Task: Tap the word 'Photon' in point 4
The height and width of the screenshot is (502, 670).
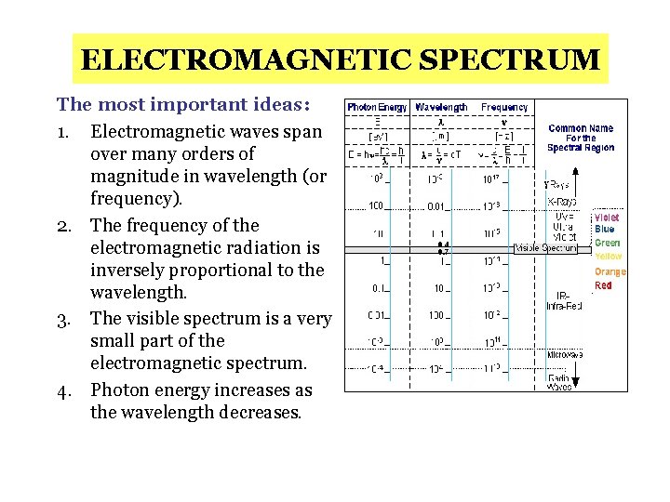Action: click(124, 390)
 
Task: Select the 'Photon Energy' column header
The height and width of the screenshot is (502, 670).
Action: click(377, 108)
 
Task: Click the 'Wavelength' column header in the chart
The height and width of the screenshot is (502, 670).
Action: click(441, 108)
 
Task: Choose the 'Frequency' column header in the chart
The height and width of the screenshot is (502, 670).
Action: click(504, 108)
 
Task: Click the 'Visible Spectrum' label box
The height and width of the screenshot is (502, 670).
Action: click(545, 248)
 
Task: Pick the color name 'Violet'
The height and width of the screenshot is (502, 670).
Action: click(606, 218)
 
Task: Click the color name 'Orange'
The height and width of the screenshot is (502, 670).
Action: click(610, 272)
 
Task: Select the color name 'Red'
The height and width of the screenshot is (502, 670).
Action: click(604, 285)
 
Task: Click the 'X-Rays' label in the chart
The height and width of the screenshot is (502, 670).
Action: click(560, 202)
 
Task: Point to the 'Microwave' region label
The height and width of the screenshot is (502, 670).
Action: click(565, 354)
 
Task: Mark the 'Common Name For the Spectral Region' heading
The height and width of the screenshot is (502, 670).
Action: click(580, 138)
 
